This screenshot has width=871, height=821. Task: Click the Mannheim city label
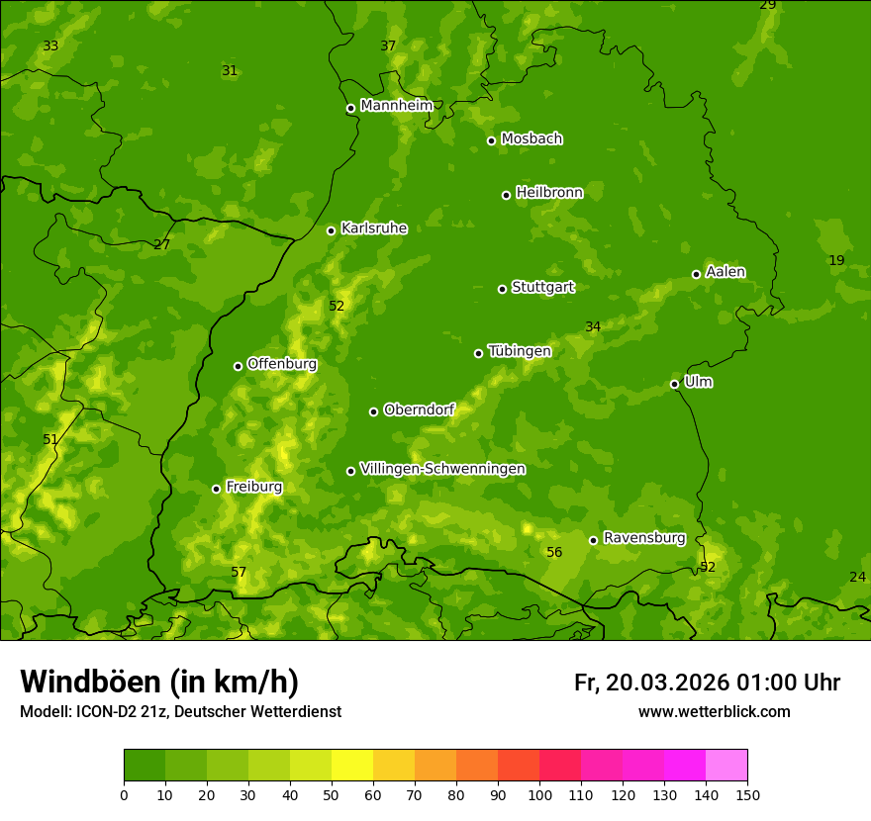point(396,106)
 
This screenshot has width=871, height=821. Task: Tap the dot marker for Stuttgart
point(502,289)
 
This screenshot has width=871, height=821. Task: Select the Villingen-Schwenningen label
point(442,469)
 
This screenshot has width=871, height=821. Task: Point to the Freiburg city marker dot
point(216,489)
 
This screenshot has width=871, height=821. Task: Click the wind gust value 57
point(239,573)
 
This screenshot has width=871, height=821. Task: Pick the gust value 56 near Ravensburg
point(554,553)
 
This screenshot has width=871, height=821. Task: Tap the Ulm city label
point(698,382)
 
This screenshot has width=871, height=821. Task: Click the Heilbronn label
point(549,193)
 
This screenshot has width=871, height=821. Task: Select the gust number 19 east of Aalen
point(836,261)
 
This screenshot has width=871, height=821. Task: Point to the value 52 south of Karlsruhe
point(337,307)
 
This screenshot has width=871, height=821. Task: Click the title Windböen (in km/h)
point(158,682)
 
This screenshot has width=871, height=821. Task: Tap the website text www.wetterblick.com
point(714,711)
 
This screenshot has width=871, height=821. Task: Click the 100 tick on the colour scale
point(539,794)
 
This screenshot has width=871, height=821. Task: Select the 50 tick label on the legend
point(332,794)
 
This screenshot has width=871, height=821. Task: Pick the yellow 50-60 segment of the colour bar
point(352,766)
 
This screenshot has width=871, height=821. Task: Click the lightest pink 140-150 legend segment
point(726,766)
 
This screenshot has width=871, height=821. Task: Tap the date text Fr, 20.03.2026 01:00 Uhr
point(707,683)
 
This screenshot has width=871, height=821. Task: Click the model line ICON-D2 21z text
point(180,711)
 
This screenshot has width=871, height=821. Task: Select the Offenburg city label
point(282,364)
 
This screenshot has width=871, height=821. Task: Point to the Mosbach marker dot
point(491,140)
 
